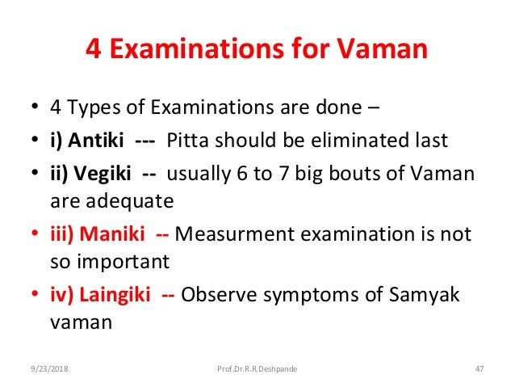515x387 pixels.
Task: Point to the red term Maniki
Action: click(120, 235)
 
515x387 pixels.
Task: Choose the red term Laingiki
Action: click(121, 295)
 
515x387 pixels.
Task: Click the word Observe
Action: click(216, 295)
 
